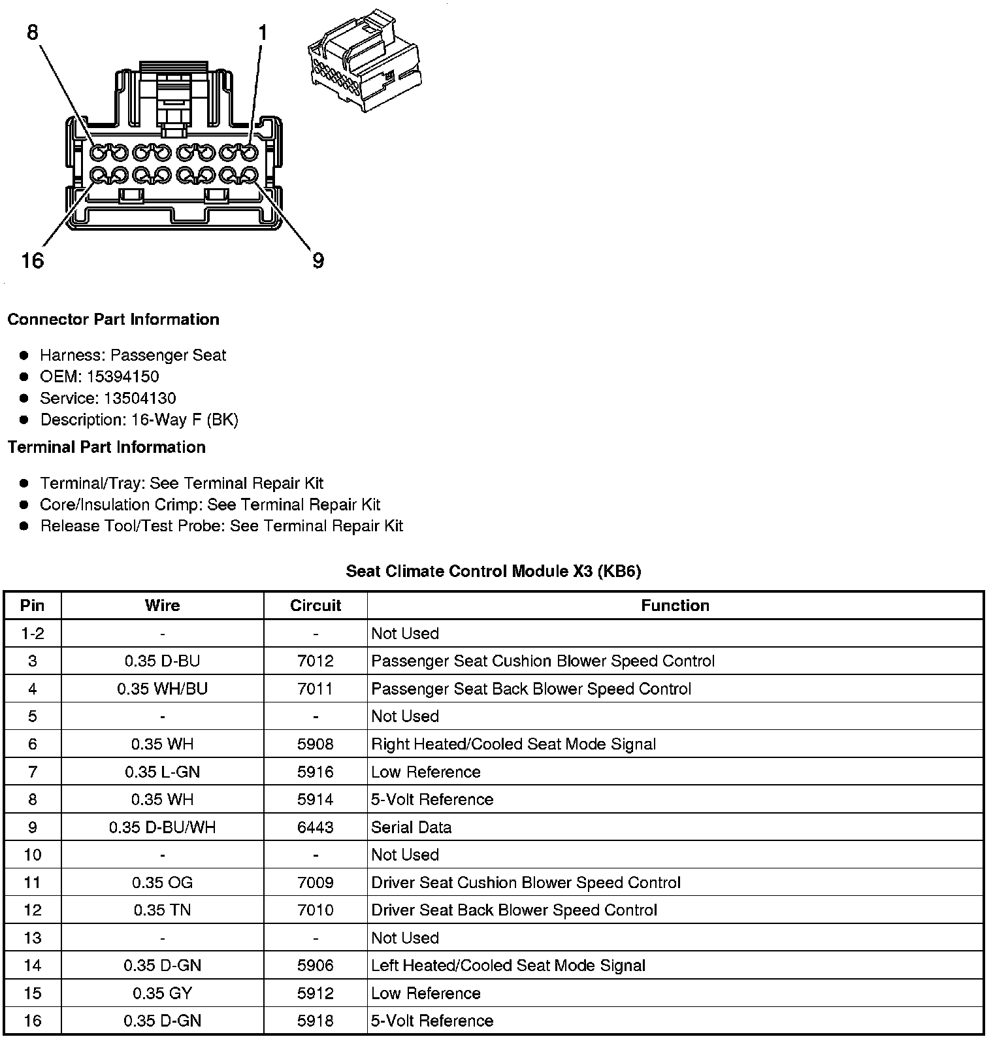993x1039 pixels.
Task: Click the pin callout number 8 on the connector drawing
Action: point(33,32)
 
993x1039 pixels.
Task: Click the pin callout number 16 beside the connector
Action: point(33,261)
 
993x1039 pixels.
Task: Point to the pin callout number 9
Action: point(318,261)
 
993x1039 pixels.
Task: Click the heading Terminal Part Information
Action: point(106,447)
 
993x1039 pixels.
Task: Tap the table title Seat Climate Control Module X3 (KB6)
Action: point(493,571)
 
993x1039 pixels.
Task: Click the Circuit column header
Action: point(316,606)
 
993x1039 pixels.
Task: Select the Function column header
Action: point(675,606)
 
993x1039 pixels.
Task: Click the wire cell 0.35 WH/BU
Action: point(162,689)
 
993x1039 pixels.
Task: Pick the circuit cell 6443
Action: point(316,827)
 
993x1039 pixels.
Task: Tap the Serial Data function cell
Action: point(411,827)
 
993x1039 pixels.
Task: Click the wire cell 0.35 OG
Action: point(162,883)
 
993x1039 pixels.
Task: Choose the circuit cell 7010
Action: point(316,910)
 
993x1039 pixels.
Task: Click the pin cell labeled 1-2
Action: point(33,633)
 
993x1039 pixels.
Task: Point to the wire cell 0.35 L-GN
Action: point(162,772)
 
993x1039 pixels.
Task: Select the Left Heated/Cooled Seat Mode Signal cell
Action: point(508,966)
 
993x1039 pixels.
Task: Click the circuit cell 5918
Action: point(316,1021)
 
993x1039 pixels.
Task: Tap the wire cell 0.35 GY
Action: point(162,993)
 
